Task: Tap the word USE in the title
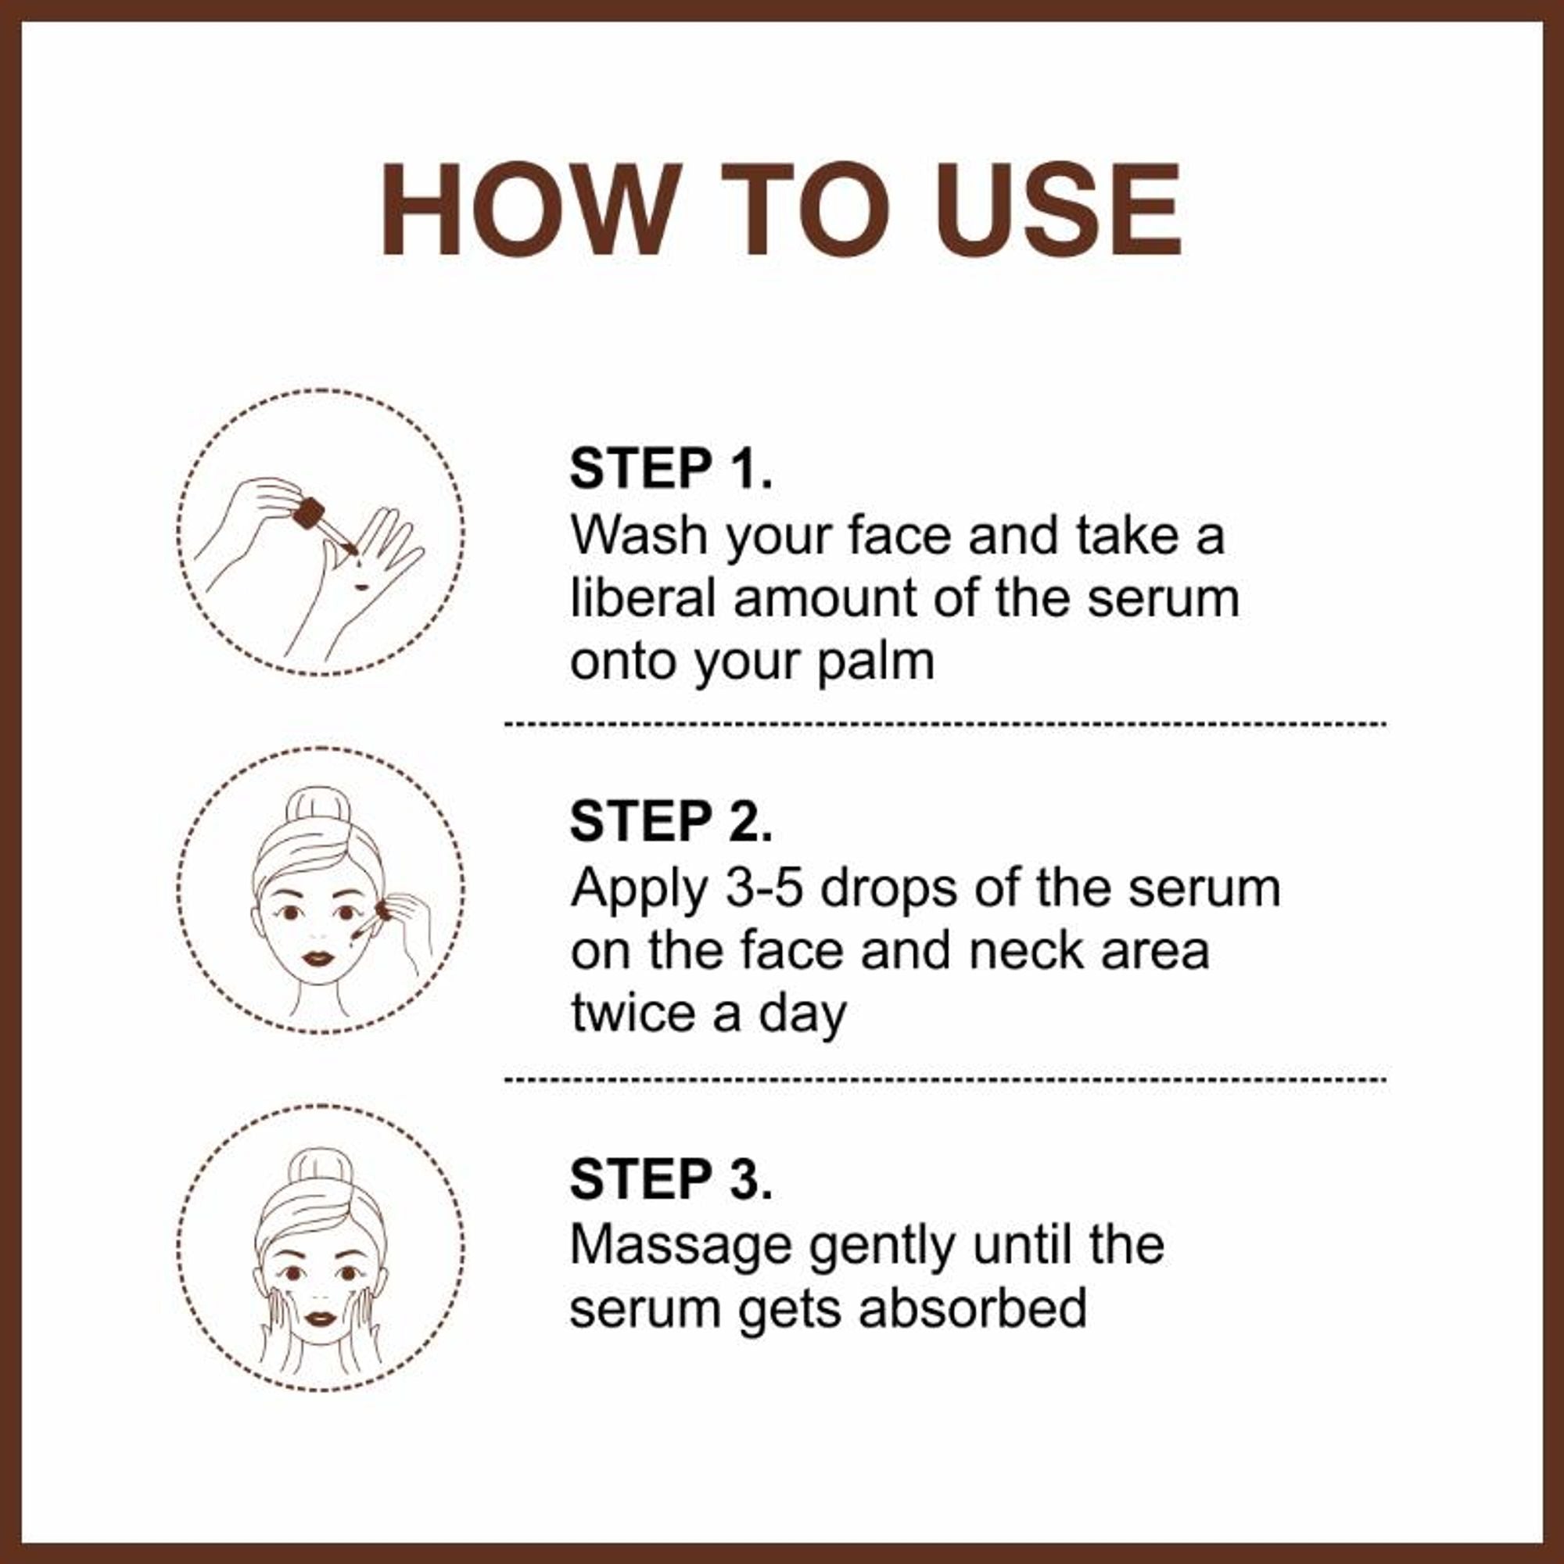1060,210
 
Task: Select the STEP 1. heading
671,468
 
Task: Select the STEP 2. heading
671,822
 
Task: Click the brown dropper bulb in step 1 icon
308,513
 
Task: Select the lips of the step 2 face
318,958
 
